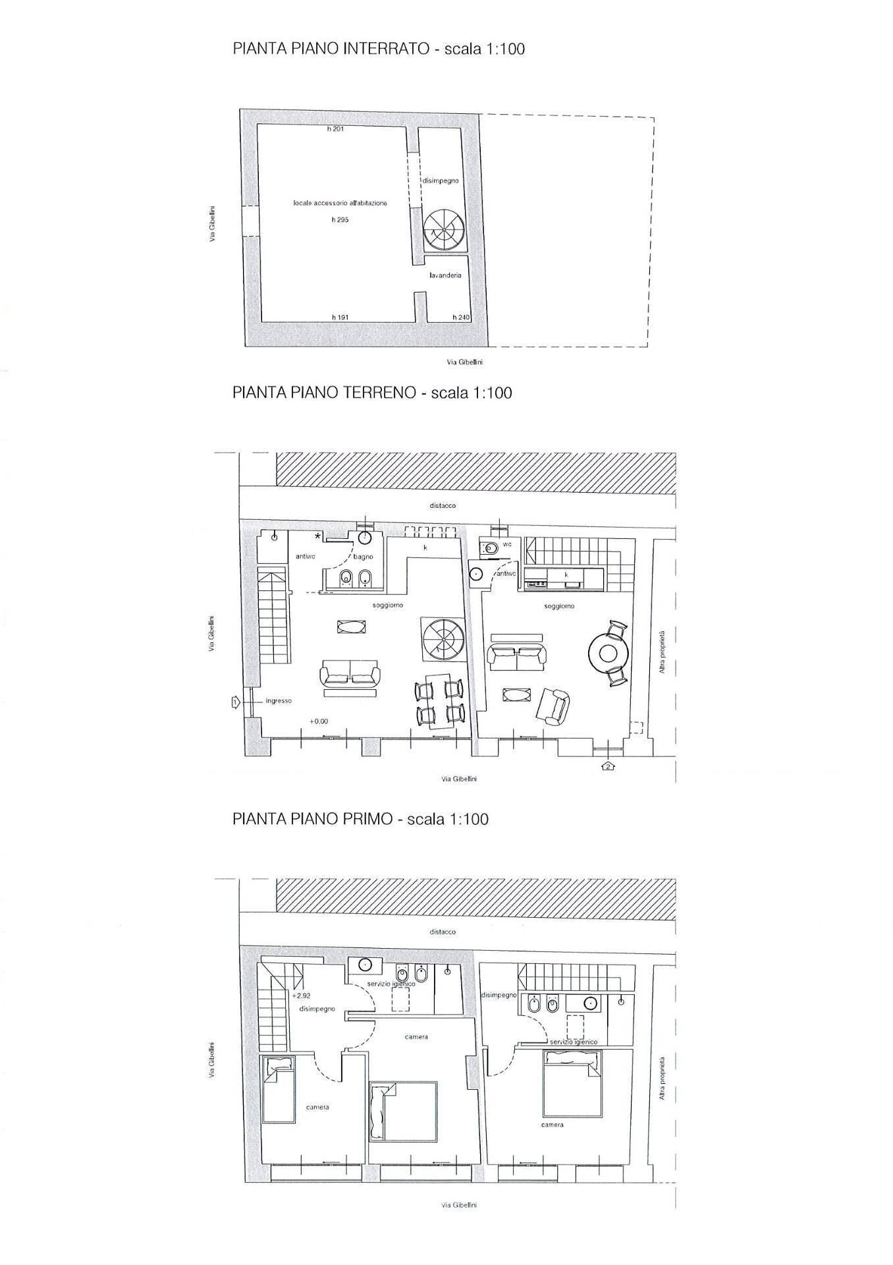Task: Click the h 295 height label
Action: pos(340,220)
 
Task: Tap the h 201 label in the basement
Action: pos(335,129)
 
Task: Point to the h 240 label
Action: pos(461,318)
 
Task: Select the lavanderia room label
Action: pos(445,275)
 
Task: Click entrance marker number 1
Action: pos(234,703)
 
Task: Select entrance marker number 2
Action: pos(609,766)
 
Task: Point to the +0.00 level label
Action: pos(319,721)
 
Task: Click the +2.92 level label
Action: pos(301,996)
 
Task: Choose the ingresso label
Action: pos(279,701)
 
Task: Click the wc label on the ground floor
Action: pos(508,544)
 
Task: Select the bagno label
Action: pos(364,557)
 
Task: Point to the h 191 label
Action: pos(340,318)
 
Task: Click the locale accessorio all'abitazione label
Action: pos(340,204)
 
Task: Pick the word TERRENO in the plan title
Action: pos(379,393)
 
